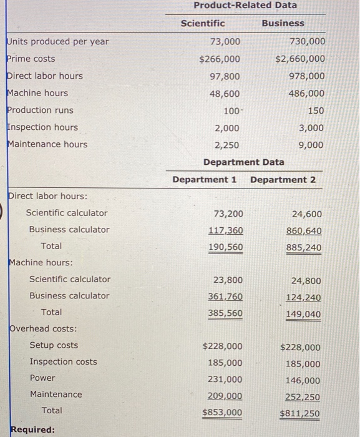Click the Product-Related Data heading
(245, 6)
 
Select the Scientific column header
(203, 23)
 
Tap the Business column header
(283, 23)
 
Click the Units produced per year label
(57, 42)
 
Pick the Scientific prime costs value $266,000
(220, 59)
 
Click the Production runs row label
(40, 110)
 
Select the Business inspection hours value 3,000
(311, 128)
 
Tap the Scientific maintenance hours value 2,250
(226, 145)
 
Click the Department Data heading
(243, 162)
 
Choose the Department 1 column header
(205, 180)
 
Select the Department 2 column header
(283, 180)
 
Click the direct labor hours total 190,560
(225, 247)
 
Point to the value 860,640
(304, 231)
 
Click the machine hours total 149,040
(304, 314)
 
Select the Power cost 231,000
(225, 380)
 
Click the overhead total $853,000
(223, 413)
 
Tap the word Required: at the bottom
(32, 430)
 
